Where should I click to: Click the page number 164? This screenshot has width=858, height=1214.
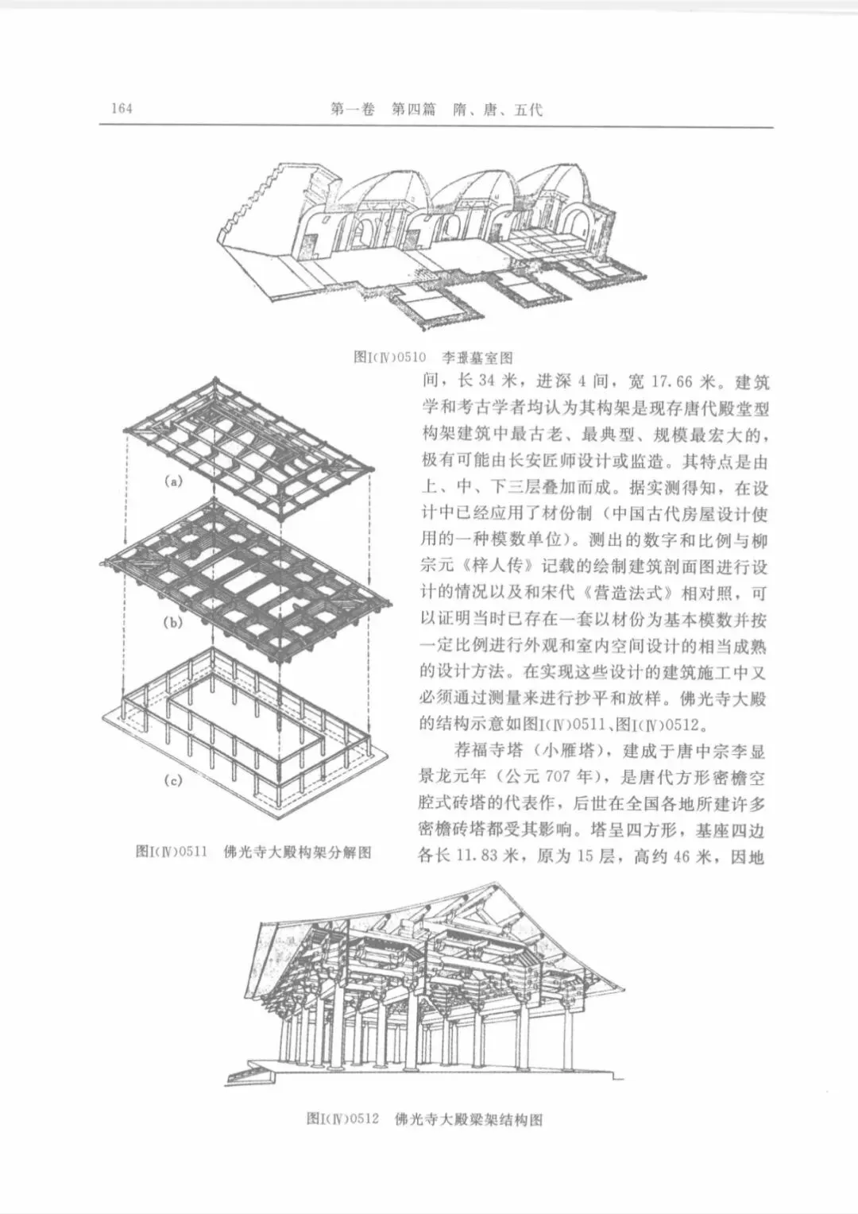pyautogui.click(x=122, y=109)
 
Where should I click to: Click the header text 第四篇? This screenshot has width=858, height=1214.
pyautogui.click(x=414, y=110)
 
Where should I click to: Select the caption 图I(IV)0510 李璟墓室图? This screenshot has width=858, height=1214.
pyautogui.click(x=433, y=358)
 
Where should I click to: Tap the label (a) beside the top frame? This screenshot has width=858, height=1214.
pyautogui.click(x=173, y=481)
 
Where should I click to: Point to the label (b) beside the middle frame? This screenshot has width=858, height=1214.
pyautogui.click(x=172, y=622)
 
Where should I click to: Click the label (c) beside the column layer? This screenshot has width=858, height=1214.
pyautogui.click(x=172, y=780)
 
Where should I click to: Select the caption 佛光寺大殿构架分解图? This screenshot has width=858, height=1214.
pyautogui.click(x=298, y=853)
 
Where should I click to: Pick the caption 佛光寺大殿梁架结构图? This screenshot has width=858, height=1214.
pyautogui.click(x=468, y=1119)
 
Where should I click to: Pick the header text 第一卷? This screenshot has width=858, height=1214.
pyautogui.click(x=352, y=110)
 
